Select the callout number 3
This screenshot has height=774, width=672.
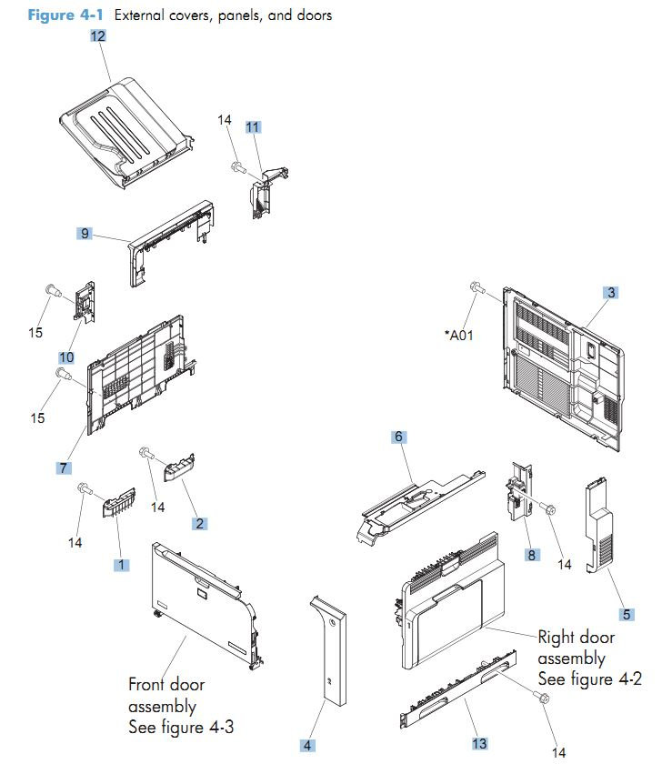(x=612, y=293)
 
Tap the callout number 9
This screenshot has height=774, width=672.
(x=85, y=234)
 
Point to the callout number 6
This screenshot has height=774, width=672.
(x=397, y=437)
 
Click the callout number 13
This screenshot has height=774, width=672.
(x=479, y=743)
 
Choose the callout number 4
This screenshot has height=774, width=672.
(x=308, y=746)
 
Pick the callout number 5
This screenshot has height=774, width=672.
(x=627, y=614)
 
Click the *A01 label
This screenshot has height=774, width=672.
(x=460, y=335)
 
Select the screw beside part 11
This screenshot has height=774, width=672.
(x=236, y=166)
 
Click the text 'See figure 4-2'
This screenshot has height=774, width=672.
(x=589, y=679)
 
